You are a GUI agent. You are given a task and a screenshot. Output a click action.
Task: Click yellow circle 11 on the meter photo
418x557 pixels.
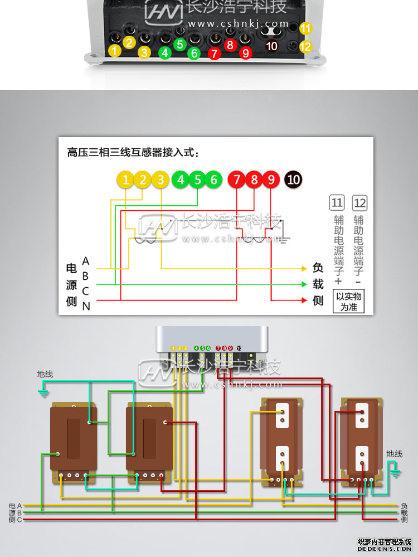pos(305,28)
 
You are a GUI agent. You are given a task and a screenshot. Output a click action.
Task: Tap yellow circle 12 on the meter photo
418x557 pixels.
pos(305,47)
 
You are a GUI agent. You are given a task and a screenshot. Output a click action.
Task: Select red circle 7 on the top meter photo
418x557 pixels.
pos(214,54)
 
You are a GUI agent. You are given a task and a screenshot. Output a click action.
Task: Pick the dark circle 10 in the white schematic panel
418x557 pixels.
pos(293,180)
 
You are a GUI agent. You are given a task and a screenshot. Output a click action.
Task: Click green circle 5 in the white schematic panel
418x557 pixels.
pos(198,180)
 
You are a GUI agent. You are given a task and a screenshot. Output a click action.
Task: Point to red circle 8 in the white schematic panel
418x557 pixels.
pos(254,180)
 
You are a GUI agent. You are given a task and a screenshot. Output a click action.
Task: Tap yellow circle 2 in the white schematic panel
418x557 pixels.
pos(143,180)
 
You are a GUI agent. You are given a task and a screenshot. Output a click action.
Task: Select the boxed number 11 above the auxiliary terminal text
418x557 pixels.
pos(337,202)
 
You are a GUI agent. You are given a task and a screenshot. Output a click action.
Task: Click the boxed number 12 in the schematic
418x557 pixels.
pos(360,202)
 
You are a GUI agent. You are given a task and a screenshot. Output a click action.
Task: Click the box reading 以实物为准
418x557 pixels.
pos(348,301)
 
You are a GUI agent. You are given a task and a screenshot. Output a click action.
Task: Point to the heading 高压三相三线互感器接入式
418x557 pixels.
pos(133,152)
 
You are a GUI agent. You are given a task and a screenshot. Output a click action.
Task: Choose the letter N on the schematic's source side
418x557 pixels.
pos(86,306)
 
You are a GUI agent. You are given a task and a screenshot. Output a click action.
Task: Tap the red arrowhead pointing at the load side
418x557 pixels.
pos(304,301)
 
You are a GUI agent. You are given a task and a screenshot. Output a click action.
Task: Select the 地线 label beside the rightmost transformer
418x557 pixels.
pos(395,454)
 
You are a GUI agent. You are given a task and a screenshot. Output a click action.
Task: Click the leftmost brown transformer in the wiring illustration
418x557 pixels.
pos(74,440)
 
